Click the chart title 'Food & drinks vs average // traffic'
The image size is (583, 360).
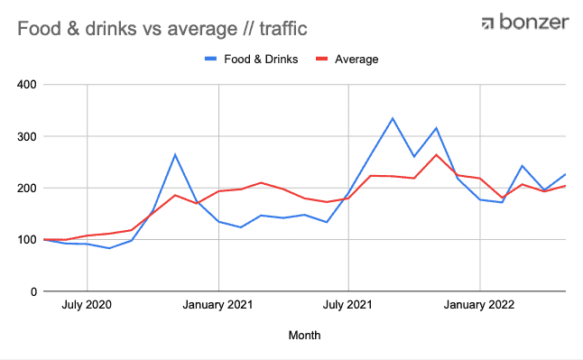click(x=162, y=29)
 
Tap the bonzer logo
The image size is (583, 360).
click(x=525, y=22)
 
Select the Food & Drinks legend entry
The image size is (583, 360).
click(x=252, y=60)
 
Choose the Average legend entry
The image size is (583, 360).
click(x=347, y=60)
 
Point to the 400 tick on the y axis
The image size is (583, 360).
click(x=27, y=85)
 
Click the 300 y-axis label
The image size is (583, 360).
click(x=27, y=136)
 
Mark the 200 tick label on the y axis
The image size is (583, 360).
click(x=27, y=189)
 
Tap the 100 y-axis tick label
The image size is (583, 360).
click(x=27, y=240)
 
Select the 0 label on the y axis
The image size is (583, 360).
click(x=33, y=291)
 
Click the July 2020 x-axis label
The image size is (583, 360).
click(x=87, y=305)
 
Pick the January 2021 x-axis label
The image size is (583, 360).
click(x=217, y=305)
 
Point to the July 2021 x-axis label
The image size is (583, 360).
click(x=347, y=305)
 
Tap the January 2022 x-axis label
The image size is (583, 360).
click(x=479, y=305)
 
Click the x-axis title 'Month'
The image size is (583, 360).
click(x=304, y=335)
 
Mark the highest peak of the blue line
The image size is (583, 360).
click(x=393, y=118)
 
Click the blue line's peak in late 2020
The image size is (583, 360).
click(x=175, y=154)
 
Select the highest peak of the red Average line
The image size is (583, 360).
click(x=436, y=154)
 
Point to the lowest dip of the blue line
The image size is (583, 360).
click(x=109, y=248)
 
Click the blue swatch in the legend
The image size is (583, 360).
click(x=211, y=59)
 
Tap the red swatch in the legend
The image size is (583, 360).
click(x=321, y=59)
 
